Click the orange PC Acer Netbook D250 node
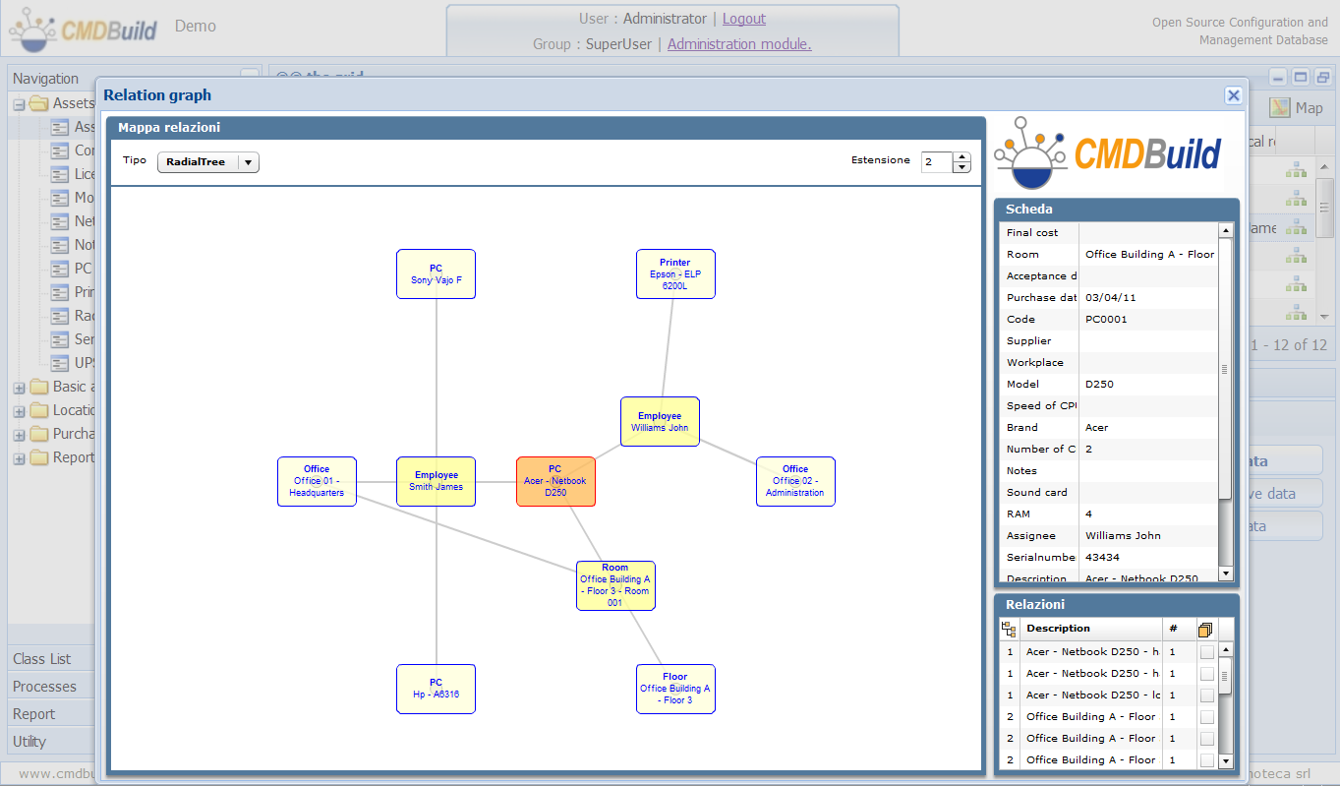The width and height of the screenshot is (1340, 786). click(555, 481)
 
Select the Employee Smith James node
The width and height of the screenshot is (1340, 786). click(436, 481)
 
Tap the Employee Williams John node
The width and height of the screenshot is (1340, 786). click(660, 422)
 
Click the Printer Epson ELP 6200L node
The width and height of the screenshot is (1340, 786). click(675, 273)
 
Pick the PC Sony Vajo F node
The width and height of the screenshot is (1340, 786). click(436, 273)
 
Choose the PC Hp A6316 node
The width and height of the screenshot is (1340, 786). click(436, 689)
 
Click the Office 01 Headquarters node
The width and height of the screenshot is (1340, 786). click(317, 481)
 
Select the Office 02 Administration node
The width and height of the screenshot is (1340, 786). click(795, 481)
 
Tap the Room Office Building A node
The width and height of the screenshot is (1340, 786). click(615, 585)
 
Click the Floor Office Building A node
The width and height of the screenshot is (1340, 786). click(675, 689)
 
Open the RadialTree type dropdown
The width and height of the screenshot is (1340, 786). click(208, 162)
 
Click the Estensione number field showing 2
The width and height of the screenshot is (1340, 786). click(936, 162)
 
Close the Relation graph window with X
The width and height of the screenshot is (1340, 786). click(1233, 95)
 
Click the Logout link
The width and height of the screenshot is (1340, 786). click(744, 19)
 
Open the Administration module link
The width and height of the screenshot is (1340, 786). click(739, 44)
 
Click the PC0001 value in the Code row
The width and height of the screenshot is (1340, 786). click(1106, 319)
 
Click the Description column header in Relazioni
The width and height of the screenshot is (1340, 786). click(1058, 628)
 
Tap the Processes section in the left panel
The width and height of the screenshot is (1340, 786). click(45, 687)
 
